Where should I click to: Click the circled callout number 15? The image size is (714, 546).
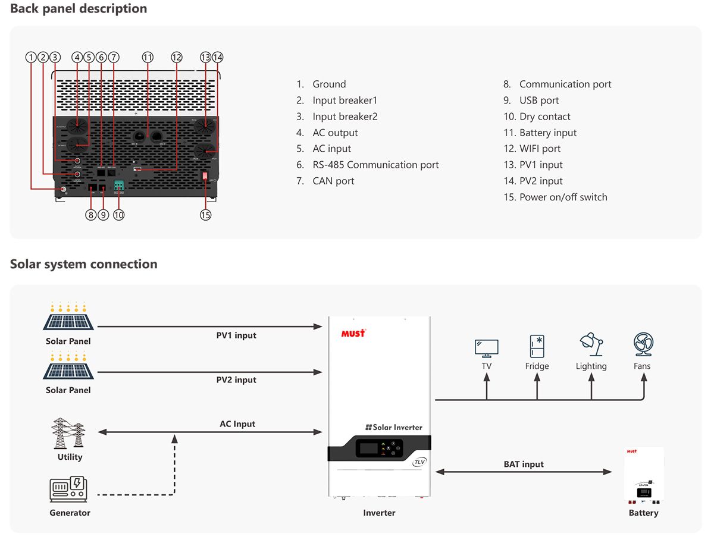point(205,215)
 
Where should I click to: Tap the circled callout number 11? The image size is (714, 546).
point(148,57)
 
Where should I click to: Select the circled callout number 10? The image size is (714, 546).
point(119,215)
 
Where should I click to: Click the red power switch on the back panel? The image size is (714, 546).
point(206,177)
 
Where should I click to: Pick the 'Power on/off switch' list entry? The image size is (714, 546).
point(555,197)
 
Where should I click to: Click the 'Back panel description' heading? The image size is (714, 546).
point(79,9)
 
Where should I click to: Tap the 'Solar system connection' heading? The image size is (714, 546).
point(84,264)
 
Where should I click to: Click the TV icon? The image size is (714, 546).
point(486,347)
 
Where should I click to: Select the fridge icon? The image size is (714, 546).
point(537,346)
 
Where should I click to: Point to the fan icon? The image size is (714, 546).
point(643,345)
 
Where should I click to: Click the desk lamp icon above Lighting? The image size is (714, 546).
point(591,345)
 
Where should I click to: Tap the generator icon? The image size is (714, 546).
point(68,490)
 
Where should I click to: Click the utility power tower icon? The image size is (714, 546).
point(69,434)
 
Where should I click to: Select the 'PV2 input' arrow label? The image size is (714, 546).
point(236,380)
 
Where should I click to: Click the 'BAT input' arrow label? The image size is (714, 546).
point(524,464)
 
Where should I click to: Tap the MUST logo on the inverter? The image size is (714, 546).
point(353,333)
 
